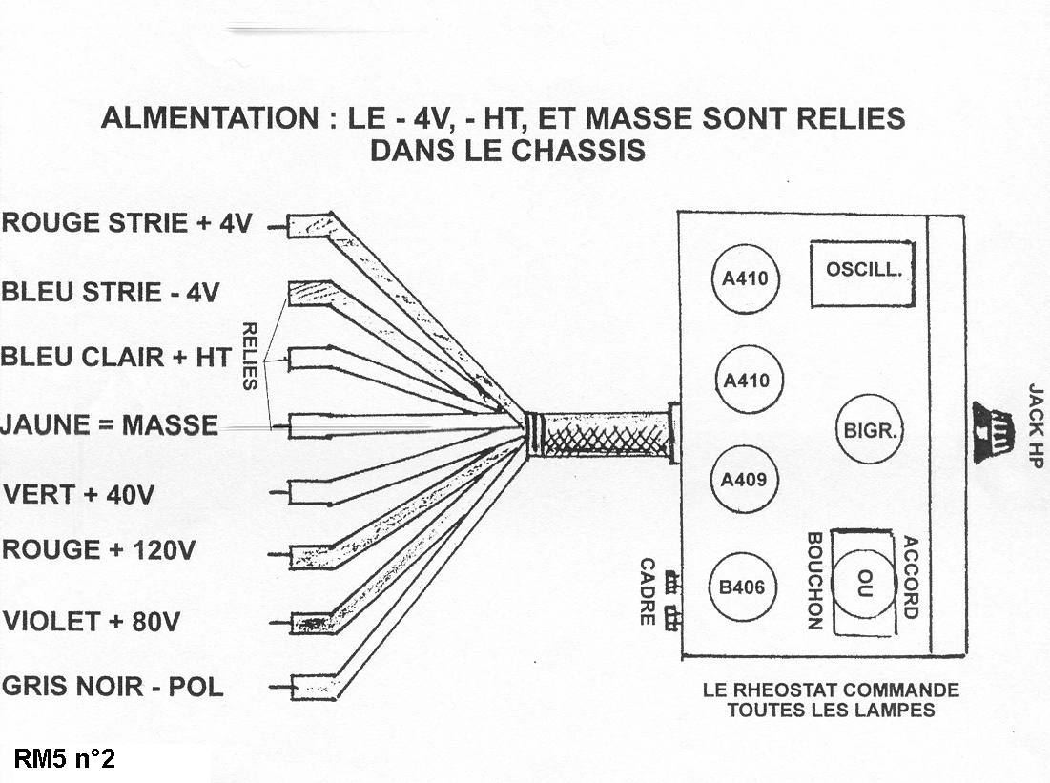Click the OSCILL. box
(862, 273)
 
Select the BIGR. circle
(868, 430)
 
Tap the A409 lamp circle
(745, 480)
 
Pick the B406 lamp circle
(742, 587)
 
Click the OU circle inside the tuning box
(864, 580)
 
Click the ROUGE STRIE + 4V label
(127, 224)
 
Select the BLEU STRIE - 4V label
(109, 292)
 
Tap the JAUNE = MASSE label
(110, 424)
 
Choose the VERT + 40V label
(79, 495)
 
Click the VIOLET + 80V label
(92, 622)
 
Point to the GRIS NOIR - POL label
(113, 687)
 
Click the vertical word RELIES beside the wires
(250, 356)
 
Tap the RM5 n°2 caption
(65, 760)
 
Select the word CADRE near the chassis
(648, 591)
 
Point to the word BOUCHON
(814, 581)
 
